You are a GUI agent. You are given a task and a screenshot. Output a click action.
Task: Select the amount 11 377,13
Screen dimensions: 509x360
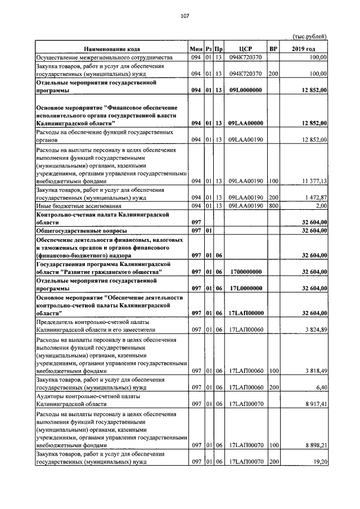pos(314,181)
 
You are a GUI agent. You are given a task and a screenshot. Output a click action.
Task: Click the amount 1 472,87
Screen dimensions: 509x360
pos(315,198)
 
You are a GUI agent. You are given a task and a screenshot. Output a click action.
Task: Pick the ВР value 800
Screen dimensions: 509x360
pos(274,206)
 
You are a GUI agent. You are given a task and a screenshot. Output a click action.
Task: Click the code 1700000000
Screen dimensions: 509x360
pos(246,272)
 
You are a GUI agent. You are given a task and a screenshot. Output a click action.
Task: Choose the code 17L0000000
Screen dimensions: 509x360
pos(246,288)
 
